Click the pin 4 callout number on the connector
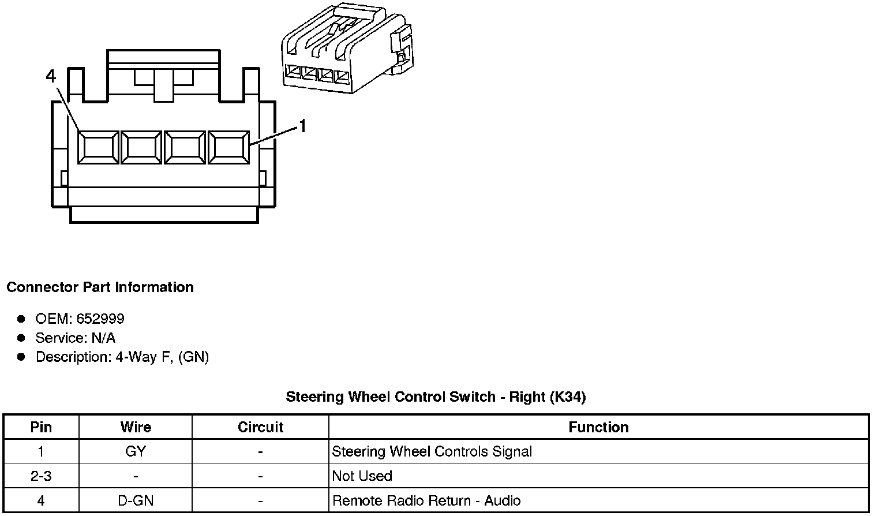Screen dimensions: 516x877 [51, 76]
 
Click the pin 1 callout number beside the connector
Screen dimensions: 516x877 [302, 126]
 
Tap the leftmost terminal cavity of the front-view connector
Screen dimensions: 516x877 [98, 148]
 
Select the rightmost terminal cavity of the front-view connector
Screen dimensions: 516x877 [228, 148]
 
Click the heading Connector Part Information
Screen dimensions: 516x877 [100, 287]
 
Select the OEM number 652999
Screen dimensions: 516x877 [100, 319]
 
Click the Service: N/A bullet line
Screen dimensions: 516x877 [75, 338]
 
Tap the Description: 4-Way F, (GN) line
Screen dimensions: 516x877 [122, 357]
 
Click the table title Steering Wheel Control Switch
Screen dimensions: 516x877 [436, 397]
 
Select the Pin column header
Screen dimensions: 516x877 [41, 427]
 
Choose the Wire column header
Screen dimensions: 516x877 [136, 427]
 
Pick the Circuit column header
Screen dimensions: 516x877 [260, 427]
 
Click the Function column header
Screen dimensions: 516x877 [598, 427]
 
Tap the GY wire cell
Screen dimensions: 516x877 [136, 451]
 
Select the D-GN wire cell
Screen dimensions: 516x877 [136, 500]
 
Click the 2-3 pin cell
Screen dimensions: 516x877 [41, 476]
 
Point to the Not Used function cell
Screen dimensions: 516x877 [362, 476]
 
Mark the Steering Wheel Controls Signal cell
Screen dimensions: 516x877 [432, 451]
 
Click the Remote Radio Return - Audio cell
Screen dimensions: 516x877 [426, 500]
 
